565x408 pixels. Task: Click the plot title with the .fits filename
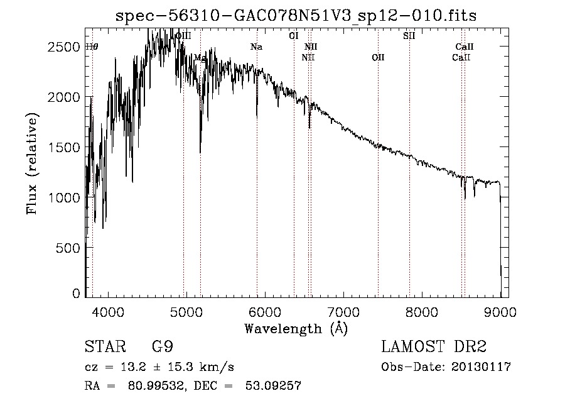coord(296,16)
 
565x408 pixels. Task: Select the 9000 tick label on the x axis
coord(500,312)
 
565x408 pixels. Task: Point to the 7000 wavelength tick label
coord(343,312)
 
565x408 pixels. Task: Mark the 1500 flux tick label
coord(63,147)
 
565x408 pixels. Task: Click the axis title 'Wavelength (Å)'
coord(296,328)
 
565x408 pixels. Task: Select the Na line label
coord(256,47)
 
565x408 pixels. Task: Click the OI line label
coord(293,36)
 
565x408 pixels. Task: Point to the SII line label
coord(409,36)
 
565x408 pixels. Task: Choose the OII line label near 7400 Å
coord(378,58)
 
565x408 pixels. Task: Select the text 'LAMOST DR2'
coord(434,348)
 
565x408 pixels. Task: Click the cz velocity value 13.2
coord(137,367)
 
